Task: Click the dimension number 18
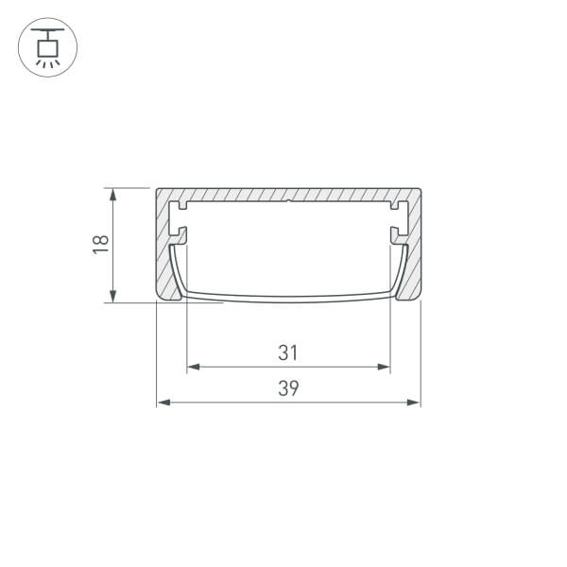point(101,245)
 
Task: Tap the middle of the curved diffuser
point(288,299)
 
